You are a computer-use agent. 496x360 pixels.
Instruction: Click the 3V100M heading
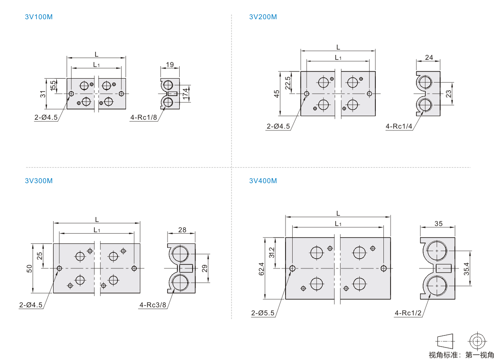coord(38,17)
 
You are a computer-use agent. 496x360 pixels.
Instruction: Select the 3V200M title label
coord(263,17)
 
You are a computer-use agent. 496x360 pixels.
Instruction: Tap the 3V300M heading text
coord(38,181)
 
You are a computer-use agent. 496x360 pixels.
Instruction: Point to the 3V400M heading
coord(263,181)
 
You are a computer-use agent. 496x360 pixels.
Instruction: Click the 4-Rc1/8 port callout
coord(143,117)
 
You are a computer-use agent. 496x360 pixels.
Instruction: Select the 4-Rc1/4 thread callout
coord(399,126)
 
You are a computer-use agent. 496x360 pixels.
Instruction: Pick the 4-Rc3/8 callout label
coord(153,305)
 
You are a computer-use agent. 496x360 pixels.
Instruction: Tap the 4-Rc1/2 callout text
coord(408,313)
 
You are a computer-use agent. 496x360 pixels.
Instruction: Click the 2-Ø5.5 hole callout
coord(263,313)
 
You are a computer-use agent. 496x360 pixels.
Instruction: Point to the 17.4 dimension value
coord(185,93)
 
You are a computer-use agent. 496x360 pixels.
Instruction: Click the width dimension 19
coord(170,64)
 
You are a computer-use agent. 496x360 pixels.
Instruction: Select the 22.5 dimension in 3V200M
coord(287,83)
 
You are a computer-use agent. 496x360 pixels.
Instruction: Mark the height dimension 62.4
coord(261,268)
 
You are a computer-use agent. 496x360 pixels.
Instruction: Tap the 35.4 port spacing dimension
coord(467,268)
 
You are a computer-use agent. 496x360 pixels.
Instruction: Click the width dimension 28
coord(182,230)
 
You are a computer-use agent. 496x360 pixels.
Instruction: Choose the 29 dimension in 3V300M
coord(205,268)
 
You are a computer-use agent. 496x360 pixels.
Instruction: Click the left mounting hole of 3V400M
coord(292,268)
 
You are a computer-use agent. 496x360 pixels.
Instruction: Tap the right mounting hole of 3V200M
coord(370,93)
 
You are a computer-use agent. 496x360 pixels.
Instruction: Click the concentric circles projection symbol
coord(477,341)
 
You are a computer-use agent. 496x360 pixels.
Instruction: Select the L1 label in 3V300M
coord(97,230)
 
